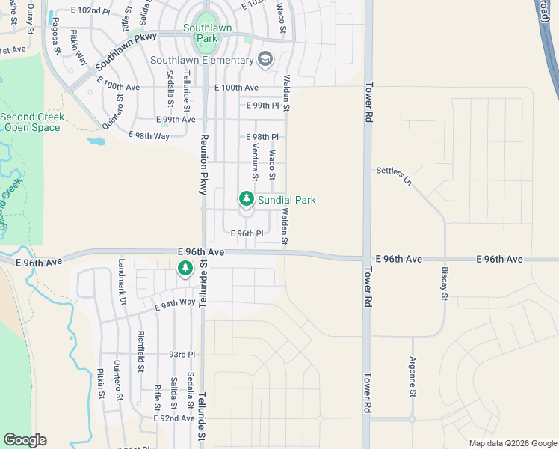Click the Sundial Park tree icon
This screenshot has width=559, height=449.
tap(246, 199)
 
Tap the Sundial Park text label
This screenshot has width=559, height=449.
tap(286, 200)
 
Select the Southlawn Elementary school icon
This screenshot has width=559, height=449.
tap(265, 59)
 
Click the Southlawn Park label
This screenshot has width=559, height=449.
tap(207, 33)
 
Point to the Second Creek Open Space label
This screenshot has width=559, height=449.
tap(32, 122)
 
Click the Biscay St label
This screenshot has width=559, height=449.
tap(444, 285)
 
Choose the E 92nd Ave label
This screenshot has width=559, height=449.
tap(174, 418)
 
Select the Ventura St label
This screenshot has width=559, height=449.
tap(254, 163)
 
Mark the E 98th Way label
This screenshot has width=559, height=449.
tap(150, 135)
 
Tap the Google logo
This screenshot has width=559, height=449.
tap(25, 440)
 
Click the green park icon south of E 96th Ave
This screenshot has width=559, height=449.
tap(185, 268)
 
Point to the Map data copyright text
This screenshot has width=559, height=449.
tap(513, 443)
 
